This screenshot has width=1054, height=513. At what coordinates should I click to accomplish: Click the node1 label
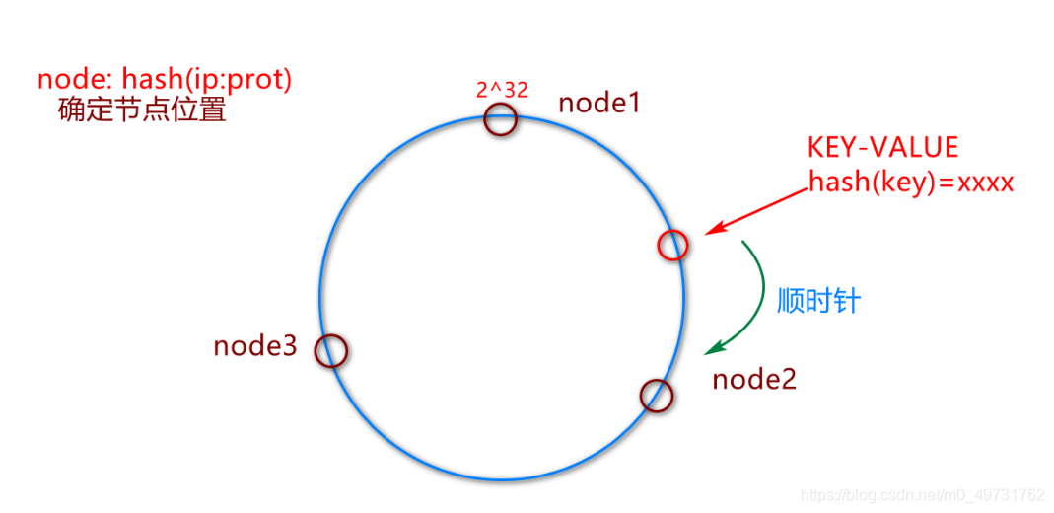tap(599, 102)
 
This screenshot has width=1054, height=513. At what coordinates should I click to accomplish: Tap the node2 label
tap(754, 379)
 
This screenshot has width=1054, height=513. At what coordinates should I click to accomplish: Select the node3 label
tap(255, 346)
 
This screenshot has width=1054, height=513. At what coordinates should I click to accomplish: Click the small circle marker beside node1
tap(501, 119)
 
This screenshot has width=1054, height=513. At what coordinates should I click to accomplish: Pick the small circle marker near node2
tap(657, 396)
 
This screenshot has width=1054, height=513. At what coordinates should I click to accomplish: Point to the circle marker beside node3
tap(332, 350)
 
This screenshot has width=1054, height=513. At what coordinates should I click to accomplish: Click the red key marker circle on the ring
tap(672, 245)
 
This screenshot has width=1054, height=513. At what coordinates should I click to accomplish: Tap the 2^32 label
tap(502, 90)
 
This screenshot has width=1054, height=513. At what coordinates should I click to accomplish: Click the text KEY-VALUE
tap(882, 147)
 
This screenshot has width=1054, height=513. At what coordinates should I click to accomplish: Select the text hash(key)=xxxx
tap(911, 183)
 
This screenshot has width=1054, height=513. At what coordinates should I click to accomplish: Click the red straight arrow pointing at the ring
tap(759, 211)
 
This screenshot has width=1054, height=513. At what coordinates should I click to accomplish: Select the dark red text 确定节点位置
tap(142, 109)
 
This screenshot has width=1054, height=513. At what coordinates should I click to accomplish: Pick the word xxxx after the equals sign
tap(978, 183)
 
